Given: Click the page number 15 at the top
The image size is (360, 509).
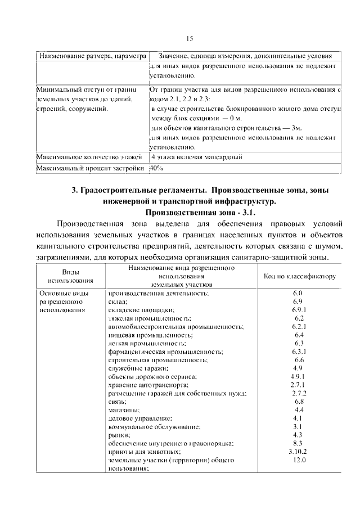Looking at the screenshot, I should point(190,38).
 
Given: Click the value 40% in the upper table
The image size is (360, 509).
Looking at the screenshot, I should point(156,168).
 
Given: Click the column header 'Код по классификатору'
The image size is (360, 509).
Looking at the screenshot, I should point(299,277).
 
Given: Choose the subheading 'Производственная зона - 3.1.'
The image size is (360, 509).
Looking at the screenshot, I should point(193,213).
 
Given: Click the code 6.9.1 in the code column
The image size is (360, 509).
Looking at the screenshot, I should point(299,310).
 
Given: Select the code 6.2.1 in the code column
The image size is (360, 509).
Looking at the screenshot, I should point(299,326).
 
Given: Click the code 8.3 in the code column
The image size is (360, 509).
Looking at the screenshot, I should point(299,443).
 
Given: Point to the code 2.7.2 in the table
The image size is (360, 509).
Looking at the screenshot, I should point(299,393).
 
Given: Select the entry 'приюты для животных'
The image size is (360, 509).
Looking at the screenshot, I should point(145,452).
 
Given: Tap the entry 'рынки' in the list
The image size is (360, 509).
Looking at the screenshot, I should point(119,435).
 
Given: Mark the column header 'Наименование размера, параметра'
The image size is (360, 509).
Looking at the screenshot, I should point(92,56).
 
